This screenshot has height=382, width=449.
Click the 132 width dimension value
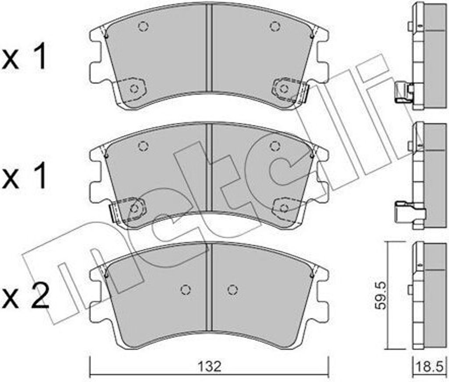[x=210, y=367]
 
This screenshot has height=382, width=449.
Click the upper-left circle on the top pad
[x=143, y=27]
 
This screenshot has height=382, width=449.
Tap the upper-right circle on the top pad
[x=274, y=26]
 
